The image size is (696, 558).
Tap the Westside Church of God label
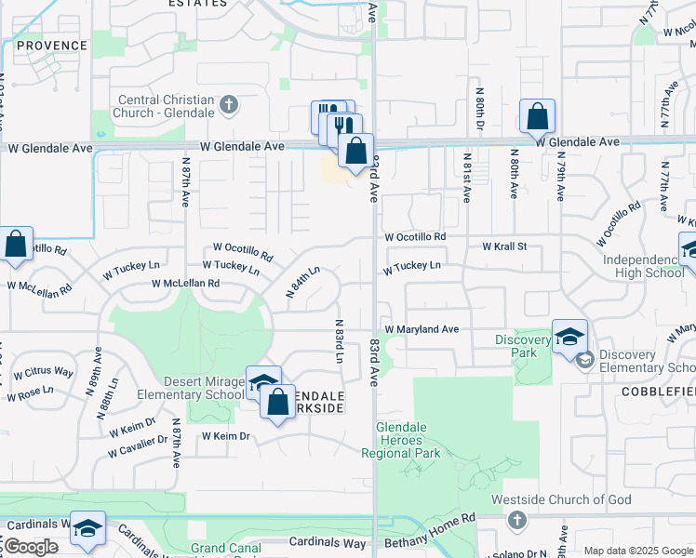point(574,499)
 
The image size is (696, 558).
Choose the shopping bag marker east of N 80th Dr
point(538,117)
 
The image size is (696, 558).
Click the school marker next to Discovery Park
point(569,337)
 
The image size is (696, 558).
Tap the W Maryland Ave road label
point(422,329)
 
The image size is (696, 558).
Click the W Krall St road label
point(504,246)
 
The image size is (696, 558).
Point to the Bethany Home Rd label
point(441,517)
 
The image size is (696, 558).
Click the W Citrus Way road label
point(43,373)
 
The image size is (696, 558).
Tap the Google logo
point(31,547)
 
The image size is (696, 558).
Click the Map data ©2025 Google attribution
point(638,551)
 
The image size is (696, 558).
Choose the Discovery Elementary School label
point(646,361)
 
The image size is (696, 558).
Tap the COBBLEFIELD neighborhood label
point(658,392)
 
